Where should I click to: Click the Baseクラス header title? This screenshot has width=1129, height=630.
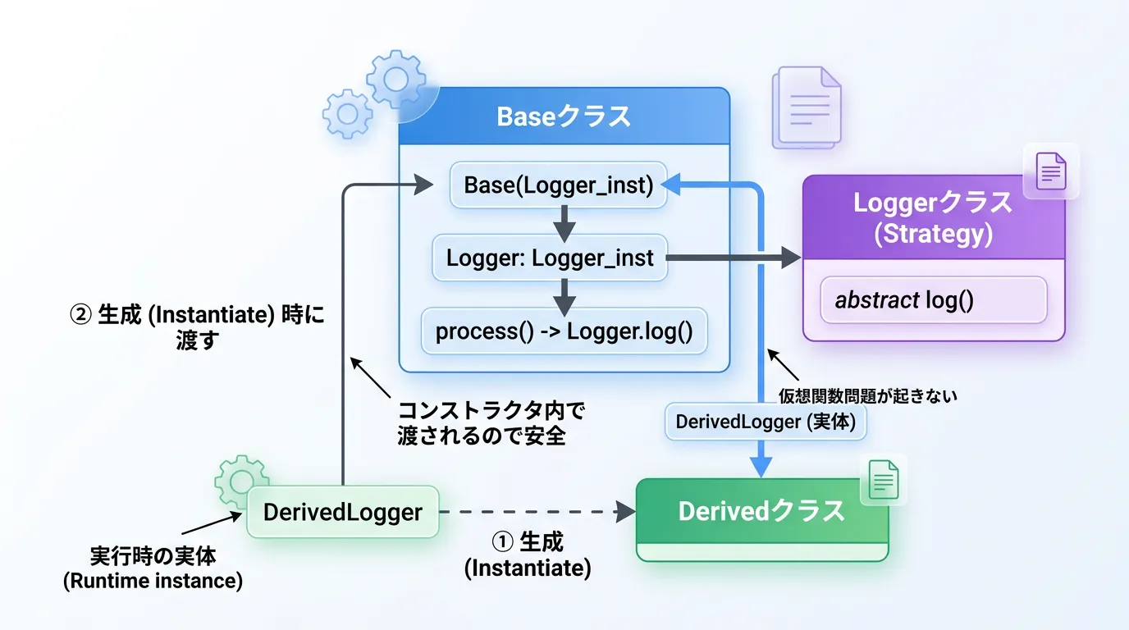[564, 116]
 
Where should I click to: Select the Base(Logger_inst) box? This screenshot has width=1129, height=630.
[558, 185]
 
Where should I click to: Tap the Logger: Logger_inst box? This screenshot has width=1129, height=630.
[550, 258]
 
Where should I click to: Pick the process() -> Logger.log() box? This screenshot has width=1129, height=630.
[564, 331]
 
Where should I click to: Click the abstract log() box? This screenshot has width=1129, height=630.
[934, 300]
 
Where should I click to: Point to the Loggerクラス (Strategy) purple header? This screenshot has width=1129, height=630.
[933, 219]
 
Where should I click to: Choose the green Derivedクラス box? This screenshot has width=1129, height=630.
[761, 512]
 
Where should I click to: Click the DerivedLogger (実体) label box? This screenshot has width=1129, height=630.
[765, 422]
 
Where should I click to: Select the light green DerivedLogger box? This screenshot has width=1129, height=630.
[343, 513]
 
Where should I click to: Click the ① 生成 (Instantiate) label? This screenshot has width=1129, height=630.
[528, 555]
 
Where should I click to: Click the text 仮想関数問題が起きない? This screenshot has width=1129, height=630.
[868, 395]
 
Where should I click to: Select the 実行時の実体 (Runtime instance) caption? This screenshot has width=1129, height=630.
[153, 568]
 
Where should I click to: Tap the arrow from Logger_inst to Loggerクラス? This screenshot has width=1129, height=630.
[734, 259]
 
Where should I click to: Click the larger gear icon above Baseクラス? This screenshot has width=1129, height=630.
[396, 80]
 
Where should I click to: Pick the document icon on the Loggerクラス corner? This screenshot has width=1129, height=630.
[1051, 172]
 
